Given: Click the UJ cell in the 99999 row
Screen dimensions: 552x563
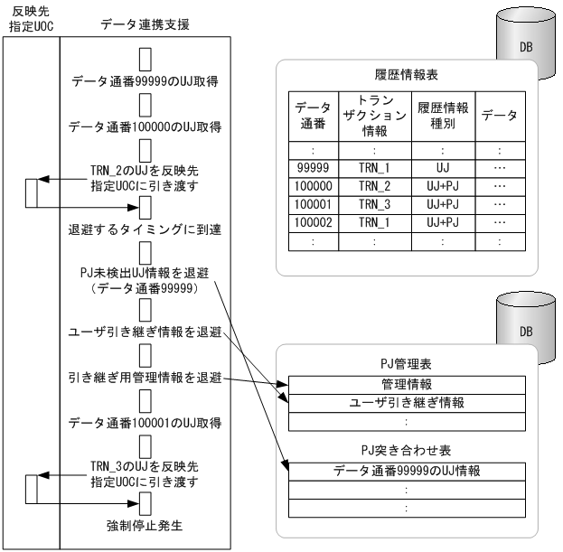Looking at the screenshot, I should [x=441, y=167].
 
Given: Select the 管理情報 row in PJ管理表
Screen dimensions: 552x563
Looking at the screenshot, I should [x=406, y=383].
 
